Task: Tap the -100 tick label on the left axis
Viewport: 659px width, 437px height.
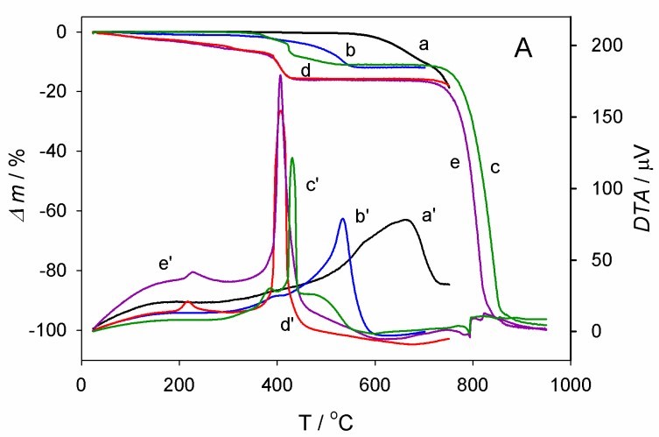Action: tap(53, 330)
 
